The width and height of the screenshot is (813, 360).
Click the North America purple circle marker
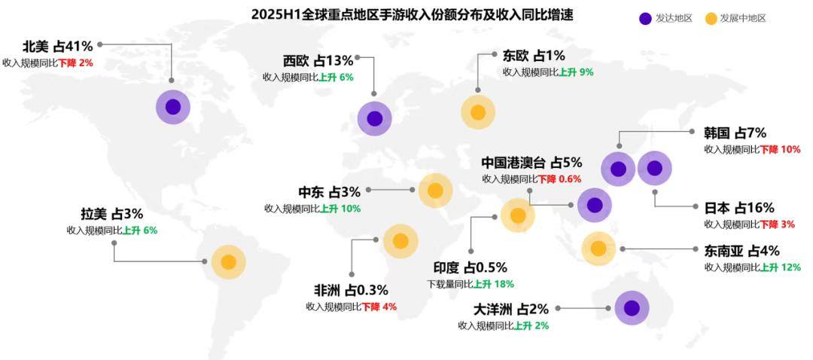coord(173,107)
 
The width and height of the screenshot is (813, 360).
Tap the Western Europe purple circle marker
coord(374,118)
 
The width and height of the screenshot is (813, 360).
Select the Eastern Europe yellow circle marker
coord(477,113)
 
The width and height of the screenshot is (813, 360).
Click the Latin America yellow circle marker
coord(228,262)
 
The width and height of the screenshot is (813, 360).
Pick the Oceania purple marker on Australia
coord(631,308)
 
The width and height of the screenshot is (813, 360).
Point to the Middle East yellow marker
coord(435,191)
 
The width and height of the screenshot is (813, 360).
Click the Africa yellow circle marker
coord(400,241)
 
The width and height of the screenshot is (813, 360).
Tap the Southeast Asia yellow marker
coord(598,248)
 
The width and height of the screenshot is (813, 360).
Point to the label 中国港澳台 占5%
coord(531,162)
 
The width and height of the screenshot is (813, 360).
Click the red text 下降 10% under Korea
coord(780,149)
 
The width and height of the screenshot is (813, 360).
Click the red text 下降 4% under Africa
coord(379,307)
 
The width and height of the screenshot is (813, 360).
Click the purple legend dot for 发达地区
coord(645,18)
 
